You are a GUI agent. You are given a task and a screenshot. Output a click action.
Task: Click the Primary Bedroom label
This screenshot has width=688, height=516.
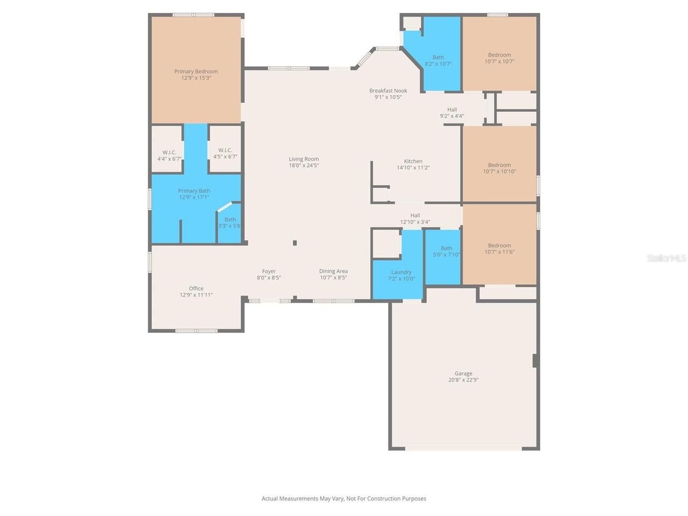coord(196,71)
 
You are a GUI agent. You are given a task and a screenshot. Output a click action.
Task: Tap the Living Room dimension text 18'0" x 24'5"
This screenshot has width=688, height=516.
coord(304,166)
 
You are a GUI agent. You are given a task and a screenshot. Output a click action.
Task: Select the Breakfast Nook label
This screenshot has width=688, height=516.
coord(388,91)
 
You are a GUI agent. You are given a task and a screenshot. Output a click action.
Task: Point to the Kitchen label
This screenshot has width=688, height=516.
coord(413,161)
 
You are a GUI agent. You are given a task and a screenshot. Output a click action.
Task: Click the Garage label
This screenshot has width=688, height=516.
coord(463,374)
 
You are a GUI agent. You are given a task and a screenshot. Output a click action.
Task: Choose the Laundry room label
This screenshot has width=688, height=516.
coord(401,273)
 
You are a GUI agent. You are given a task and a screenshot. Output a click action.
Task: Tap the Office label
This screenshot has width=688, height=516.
coord(196,289)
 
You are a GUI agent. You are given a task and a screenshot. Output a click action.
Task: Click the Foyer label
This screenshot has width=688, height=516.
coord(269,271)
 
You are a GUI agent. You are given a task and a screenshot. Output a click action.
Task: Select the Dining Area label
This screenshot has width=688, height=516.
coord(333,271)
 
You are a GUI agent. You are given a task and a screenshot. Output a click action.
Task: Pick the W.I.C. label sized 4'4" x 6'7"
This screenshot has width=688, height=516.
coord(169,152)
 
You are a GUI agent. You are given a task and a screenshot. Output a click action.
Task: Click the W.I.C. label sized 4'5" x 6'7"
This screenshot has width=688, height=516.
coord(225,150)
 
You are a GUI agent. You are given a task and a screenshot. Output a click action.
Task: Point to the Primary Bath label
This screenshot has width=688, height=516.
coord(194,191)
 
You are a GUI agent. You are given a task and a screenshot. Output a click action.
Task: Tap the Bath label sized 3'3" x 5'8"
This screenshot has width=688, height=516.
coord(230,219)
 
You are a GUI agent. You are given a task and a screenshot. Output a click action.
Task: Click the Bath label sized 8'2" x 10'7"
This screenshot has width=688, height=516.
coord(438,58)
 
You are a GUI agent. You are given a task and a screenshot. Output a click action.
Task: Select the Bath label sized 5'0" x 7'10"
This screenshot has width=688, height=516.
coord(446,248)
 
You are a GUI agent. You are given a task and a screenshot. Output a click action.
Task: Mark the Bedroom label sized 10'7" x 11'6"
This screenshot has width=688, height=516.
coord(499,246)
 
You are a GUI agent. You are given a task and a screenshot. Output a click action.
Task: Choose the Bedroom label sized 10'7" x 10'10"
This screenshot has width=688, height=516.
coord(499,165)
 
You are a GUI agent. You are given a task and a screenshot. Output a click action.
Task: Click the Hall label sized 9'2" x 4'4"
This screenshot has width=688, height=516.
coord(452,110)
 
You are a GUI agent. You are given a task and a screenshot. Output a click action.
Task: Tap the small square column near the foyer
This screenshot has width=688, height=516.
coord(295,243)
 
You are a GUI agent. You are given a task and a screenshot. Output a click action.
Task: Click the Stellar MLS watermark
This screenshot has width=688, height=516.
coord(666,259)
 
